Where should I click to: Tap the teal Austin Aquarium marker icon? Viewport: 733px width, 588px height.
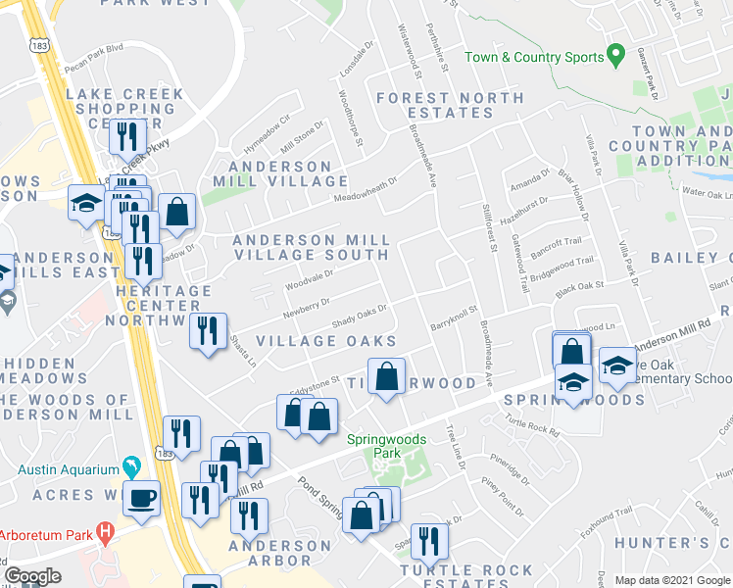click(x=127, y=465)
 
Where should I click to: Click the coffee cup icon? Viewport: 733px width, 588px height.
click(x=142, y=497)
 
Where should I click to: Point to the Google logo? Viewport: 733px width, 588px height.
click(x=32, y=576)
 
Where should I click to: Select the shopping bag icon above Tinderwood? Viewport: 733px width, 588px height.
click(x=387, y=376)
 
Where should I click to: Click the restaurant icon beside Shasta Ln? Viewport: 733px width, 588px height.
click(x=207, y=330)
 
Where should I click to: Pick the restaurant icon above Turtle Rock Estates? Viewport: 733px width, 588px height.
click(x=428, y=540)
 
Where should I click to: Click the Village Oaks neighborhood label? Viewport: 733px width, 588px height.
click(x=325, y=341)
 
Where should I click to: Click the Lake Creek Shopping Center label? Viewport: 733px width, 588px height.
click(x=124, y=108)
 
